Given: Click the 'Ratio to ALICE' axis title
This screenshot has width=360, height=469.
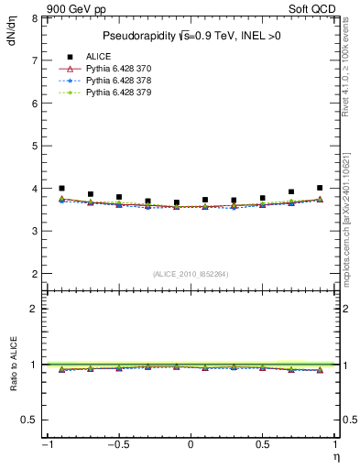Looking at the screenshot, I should pos(13,365).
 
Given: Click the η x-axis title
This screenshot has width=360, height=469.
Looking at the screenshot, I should pos(335,456).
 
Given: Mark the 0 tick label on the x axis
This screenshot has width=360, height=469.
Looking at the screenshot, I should pos(191,444).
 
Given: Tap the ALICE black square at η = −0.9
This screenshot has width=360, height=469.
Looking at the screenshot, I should pos(61,188).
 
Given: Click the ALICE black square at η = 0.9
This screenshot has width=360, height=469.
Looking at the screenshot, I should pos(320,188).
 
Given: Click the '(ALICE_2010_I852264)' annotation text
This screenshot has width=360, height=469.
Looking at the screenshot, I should pos(190,274).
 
